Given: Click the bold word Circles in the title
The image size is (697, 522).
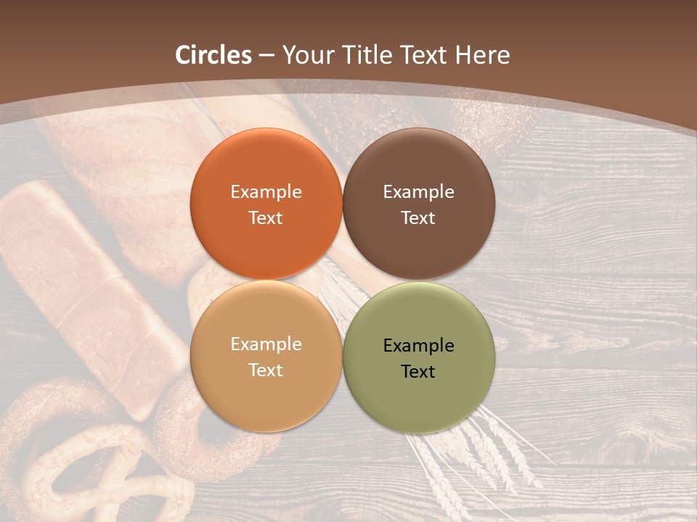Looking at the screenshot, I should point(213,55).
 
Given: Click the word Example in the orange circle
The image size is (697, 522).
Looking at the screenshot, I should point(266,192).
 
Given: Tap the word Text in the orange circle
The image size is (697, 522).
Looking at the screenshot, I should point(266,218).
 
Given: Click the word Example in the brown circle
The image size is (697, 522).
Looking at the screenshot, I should point(418,192).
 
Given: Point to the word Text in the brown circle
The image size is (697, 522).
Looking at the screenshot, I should point(418,218).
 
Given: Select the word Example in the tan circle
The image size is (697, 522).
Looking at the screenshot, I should point(266,344).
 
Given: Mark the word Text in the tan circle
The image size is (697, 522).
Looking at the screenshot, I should point(266,370).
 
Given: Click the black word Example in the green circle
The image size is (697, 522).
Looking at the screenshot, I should point(418,346).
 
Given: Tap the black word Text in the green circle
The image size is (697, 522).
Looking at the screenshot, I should point(418,372).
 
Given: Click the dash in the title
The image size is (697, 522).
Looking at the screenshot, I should point(266,56).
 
